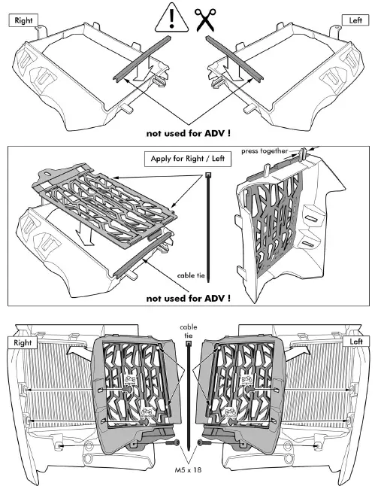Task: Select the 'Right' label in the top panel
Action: click(23, 20)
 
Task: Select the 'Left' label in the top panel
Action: click(356, 20)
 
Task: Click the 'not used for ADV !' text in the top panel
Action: click(189, 132)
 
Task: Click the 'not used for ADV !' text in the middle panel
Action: click(189, 298)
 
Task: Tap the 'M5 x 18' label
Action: click(189, 467)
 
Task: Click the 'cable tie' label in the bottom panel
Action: click(189, 333)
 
